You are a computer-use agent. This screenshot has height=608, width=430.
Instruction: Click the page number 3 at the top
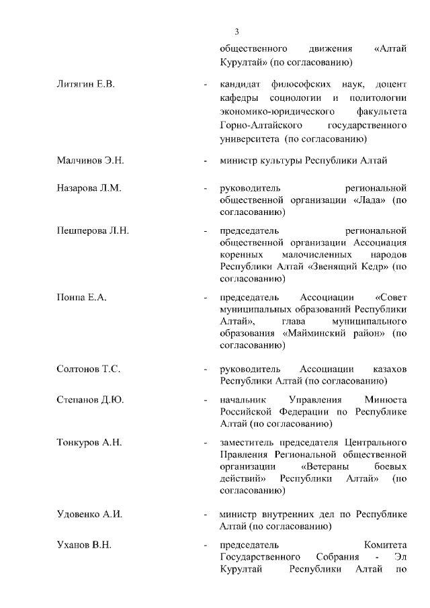(x=236, y=32)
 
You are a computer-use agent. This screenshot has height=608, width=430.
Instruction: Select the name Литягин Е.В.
(x=87, y=85)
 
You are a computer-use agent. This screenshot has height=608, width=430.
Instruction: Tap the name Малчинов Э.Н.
(x=90, y=161)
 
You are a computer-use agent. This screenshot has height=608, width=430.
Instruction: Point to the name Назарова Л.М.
(x=89, y=188)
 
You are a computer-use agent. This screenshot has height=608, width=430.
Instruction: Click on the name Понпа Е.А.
(x=82, y=297)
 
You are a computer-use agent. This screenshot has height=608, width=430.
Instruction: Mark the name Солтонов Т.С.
(x=89, y=370)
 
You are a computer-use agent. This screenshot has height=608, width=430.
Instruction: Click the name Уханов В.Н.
(x=83, y=545)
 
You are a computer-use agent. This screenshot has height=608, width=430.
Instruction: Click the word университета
(x=249, y=138)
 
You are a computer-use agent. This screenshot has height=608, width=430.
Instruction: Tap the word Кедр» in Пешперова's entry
(x=369, y=267)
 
